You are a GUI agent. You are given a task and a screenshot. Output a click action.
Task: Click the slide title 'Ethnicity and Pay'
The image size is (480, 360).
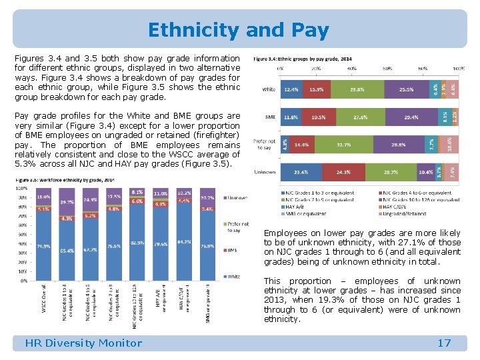[239, 31]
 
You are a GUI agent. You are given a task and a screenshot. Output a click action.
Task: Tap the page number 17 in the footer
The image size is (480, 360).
[444, 343]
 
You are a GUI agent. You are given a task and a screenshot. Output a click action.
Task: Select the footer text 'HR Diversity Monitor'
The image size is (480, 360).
[83, 343]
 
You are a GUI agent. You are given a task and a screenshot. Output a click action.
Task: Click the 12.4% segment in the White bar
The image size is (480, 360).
[291, 89]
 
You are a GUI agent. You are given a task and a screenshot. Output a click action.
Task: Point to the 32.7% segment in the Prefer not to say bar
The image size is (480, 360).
[345, 144]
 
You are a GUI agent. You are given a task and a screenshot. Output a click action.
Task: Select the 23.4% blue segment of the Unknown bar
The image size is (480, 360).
[301, 171]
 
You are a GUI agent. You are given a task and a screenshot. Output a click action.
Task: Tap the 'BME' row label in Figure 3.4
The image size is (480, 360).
[270, 117]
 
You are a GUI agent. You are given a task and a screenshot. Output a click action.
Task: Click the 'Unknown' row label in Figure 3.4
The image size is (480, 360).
[265, 172]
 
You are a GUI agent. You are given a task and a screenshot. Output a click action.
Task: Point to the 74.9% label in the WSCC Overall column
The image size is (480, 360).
[43, 247]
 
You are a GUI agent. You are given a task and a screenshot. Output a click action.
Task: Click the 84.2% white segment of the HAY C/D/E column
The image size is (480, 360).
[185, 243]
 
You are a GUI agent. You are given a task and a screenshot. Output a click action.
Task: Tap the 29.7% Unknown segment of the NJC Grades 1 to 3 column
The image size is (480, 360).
[67, 201]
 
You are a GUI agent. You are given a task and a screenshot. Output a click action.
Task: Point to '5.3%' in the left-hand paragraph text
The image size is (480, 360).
[26, 164]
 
